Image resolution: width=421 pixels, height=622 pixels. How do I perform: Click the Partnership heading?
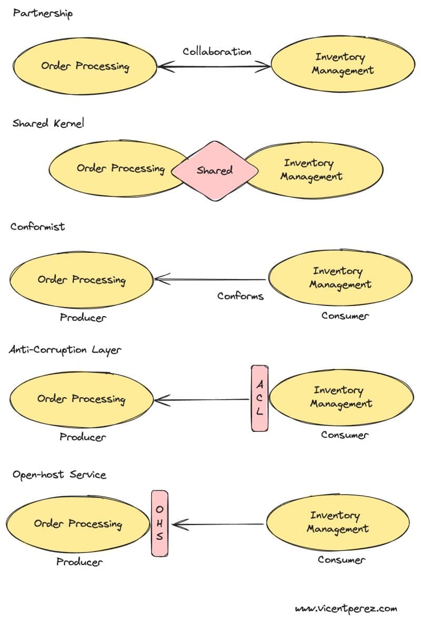[x=43, y=13]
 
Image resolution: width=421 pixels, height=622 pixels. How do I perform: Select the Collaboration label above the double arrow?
[x=217, y=52]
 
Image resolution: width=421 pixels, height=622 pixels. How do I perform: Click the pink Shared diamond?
[x=215, y=171]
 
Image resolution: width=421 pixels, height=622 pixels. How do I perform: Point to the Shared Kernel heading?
[x=48, y=123]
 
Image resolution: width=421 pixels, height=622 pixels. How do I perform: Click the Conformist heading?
[x=37, y=226]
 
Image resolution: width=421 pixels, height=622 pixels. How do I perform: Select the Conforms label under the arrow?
[x=240, y=296]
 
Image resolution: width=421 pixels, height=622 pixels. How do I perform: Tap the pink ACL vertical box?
[x=259, y=398]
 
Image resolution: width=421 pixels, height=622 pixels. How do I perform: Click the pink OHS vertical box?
[x=159, y=523]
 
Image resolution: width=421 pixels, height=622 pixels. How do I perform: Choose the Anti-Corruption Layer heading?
[x=65, y=350]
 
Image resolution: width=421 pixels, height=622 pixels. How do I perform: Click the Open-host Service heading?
[x=59, y=475]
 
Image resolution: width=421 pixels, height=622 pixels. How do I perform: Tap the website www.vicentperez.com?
[x=346, y=609]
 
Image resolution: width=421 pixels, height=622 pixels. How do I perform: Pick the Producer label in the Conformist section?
[x=83, y=318]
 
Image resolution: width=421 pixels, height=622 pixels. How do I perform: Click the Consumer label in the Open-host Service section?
[x=341, y=560]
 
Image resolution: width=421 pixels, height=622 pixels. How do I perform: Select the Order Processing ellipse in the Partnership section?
[x=85, y=66]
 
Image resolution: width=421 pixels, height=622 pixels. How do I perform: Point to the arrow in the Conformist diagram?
[x=210, y=279]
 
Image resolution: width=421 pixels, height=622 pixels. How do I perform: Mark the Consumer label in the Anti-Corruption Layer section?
[x=345, y=435]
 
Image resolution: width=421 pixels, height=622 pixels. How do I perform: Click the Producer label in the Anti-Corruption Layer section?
[x=83, y=437]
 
